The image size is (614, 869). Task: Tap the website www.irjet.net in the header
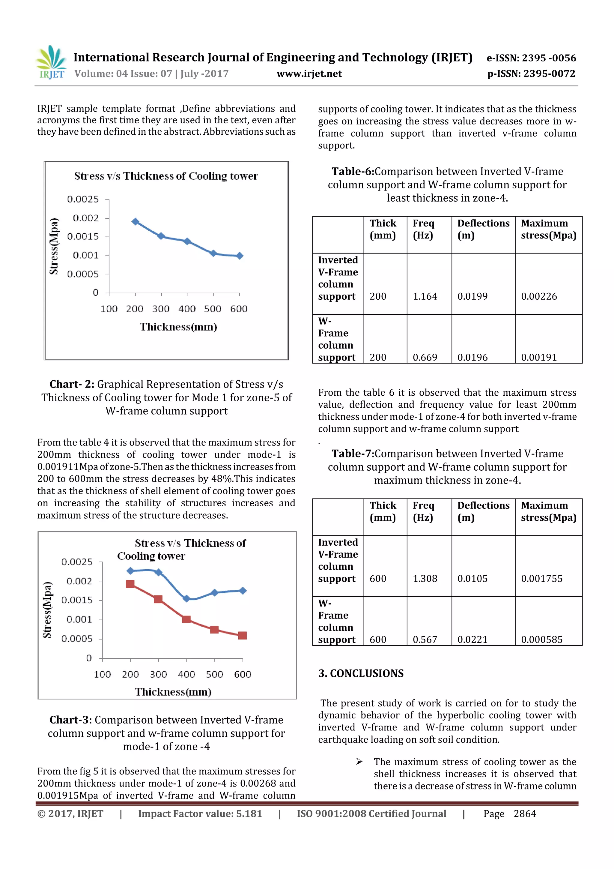(x=309, y=74)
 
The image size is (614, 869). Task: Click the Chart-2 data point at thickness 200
(x=135, y=221)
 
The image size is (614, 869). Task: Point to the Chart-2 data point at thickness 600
(x=240, y=256)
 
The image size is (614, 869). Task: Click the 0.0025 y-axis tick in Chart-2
(x=83, y=199)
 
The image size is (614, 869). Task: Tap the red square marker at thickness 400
(x=186, y=619)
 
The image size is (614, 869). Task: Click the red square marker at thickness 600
(x=243, y=635)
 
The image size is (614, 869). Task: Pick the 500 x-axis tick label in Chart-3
(x=214, y=674)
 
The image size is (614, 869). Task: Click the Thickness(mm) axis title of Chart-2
(x=178, y=327)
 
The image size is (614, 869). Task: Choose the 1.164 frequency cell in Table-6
(x=425, y=296)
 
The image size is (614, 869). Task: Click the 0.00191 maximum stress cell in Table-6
(x=539, y=357)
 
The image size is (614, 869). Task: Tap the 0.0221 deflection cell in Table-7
(x=472, y=639)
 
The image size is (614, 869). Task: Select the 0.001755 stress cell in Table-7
(x=541, y=578)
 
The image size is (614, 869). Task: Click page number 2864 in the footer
(x=525, y=814)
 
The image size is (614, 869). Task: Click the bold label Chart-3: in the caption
(x=71, y=720)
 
